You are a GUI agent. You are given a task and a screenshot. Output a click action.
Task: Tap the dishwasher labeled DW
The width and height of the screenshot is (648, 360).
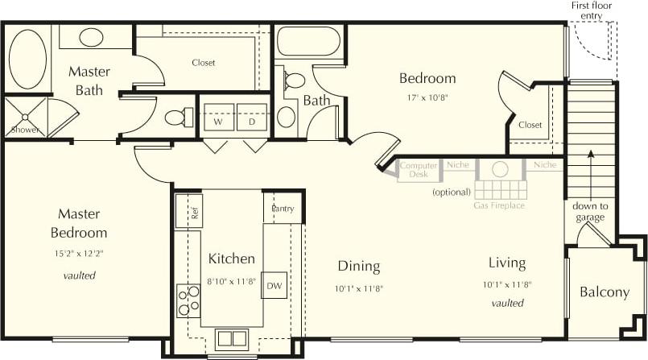(274, 285)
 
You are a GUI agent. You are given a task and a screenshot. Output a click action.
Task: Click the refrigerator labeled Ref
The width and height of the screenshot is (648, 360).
(194, 213)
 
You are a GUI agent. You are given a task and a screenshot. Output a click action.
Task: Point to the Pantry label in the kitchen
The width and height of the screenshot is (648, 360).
(283, 209)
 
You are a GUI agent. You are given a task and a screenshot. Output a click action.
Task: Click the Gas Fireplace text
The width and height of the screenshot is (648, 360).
(499, 205)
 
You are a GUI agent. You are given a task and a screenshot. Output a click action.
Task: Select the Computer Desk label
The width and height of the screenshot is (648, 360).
(419, 169)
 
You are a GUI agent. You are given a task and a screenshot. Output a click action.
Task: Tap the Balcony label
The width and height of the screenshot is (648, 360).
(604, 292)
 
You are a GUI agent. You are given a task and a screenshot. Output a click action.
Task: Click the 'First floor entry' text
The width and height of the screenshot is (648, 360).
(592, 10)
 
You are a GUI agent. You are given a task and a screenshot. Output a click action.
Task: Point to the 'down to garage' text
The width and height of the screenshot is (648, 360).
(590, 211)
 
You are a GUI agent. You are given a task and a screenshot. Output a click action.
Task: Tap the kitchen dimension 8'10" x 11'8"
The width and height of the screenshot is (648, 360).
(232, 280)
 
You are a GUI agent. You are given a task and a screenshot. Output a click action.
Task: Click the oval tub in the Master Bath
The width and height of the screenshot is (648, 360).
(27, 60)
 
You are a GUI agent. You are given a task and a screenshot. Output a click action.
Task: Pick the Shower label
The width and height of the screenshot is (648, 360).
(24, 130)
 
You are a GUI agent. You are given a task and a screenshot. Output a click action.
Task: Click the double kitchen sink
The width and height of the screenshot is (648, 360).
(231, 337)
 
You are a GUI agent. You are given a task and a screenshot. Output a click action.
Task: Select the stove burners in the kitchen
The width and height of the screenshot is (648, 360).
(189, 300)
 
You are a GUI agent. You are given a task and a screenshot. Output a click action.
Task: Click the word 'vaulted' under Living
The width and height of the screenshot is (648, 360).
(507, 303)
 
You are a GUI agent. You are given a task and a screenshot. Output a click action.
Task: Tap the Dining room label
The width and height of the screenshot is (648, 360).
(358, 267)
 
